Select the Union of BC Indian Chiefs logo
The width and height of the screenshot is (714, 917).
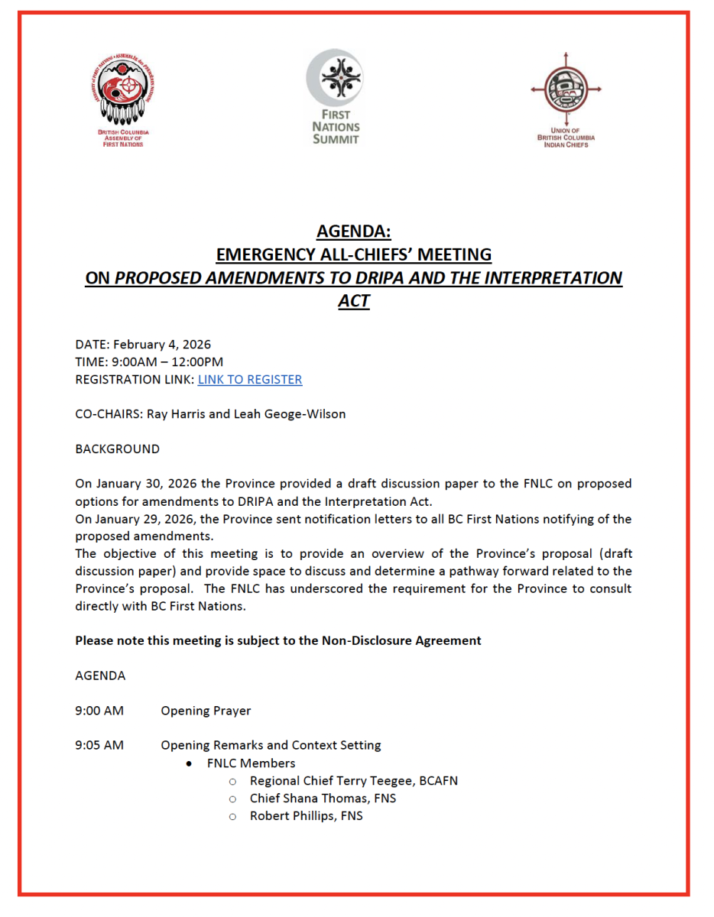click(x=566, y=99)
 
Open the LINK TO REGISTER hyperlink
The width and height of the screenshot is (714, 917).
click(x=250, y=380)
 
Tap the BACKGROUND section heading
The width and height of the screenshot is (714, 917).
click(x=118, y=449)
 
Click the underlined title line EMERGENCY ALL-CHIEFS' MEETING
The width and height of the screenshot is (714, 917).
click(x=354, y=254)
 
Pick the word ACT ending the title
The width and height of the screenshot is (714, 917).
click(x=354, y=301)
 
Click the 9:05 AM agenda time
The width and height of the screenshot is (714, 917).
click(x=99, y=746)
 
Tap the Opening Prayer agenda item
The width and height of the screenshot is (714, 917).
click(x=206, y=711)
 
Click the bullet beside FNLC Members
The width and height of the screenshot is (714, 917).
click(x=189, y=764)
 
